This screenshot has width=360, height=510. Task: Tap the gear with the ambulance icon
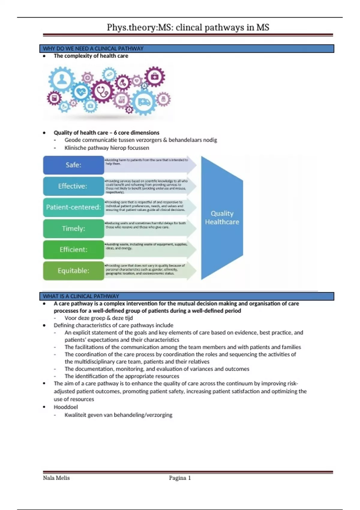(x=144, y=102)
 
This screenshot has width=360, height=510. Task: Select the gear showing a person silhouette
(x=62, y=79)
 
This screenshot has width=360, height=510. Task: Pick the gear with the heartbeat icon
(x=81, y=92)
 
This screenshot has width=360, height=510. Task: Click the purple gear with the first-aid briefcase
(x=154, y=76)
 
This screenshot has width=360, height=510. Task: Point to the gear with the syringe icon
(x=109, y=74)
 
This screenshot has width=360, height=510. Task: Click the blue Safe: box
(x=73, y=165)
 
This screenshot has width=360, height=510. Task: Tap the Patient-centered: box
(x=73, y=207)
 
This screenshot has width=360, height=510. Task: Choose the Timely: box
(x=73, y=228)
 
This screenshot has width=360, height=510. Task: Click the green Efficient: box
(x=73, y=249)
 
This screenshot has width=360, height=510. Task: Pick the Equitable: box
(x=73, y=271)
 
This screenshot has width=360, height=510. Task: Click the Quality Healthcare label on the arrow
(x=222, y=217)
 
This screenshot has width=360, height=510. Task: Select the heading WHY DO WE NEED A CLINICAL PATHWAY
(x=93, y=49)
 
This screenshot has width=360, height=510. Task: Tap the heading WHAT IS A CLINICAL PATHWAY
(x=81, y=296)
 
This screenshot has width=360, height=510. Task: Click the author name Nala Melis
(x=56, y=478)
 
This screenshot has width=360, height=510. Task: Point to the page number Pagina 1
(x=180, y=478)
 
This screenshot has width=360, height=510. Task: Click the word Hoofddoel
(x=66, y=407)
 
